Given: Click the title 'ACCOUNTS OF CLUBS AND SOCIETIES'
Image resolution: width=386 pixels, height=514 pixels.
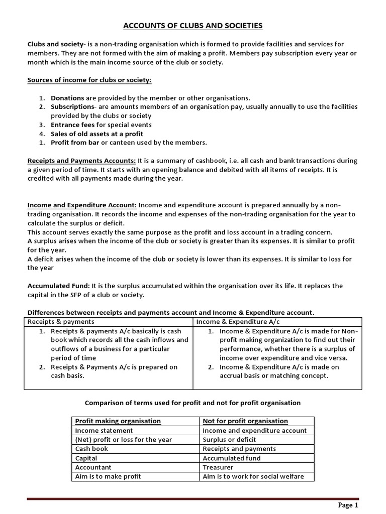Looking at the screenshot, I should tap(193, 26).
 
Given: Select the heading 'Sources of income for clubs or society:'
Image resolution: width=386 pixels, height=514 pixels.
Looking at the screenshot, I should tap(89, 80).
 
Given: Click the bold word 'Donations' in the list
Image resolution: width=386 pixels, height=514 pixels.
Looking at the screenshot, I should tap(67, 98).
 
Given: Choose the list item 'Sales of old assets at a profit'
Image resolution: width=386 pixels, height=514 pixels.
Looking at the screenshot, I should tap(97, 134).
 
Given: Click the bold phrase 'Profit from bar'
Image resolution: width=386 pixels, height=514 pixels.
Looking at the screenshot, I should tap(75, 143).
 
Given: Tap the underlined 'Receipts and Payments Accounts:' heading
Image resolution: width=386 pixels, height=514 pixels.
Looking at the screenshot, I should tap(81, 161).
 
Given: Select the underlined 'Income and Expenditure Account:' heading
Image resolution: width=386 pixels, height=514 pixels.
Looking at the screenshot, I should tap(82, 205).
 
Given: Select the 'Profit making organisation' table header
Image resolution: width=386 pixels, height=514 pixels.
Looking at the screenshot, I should tap(118, 421).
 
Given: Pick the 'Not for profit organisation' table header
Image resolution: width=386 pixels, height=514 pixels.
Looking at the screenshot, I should tap(245, 421).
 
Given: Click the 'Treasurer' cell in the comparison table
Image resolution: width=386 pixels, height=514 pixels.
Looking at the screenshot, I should tap(219, 467).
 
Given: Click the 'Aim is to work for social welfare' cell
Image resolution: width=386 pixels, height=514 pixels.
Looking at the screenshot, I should tap(253, 476).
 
